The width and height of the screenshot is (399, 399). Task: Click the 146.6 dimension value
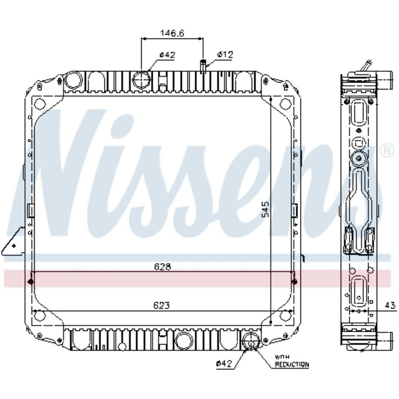point(172,33)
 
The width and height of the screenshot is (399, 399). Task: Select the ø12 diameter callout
point(225,54)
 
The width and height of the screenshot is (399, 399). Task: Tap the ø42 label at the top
point(167,55)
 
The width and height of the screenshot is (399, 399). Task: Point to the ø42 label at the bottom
point(224,364)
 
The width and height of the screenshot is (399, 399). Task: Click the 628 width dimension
point(163,267)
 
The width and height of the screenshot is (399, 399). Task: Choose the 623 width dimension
point(162,305)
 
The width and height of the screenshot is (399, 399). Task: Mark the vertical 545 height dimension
point(265,209)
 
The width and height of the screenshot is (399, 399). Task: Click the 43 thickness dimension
point(390,305)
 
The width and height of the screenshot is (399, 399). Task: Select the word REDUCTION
point(292,365)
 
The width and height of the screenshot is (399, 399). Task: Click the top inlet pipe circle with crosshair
point(141,80)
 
